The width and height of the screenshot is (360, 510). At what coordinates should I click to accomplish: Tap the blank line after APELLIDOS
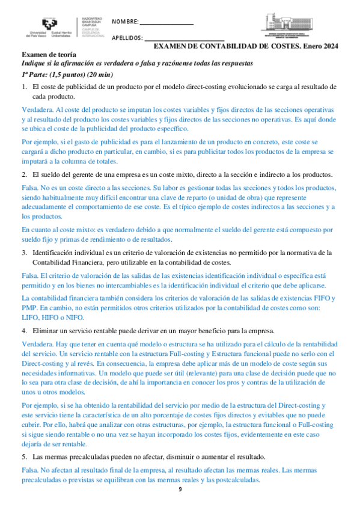coord(174,40)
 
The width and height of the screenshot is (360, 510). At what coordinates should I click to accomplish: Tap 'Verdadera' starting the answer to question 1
coord(36,111)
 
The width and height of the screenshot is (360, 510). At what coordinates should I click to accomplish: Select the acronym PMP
coord(29,307)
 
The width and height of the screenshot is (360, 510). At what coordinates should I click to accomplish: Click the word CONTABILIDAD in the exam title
coord(230,46)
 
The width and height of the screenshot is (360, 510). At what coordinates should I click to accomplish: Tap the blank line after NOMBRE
coord(166,23)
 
